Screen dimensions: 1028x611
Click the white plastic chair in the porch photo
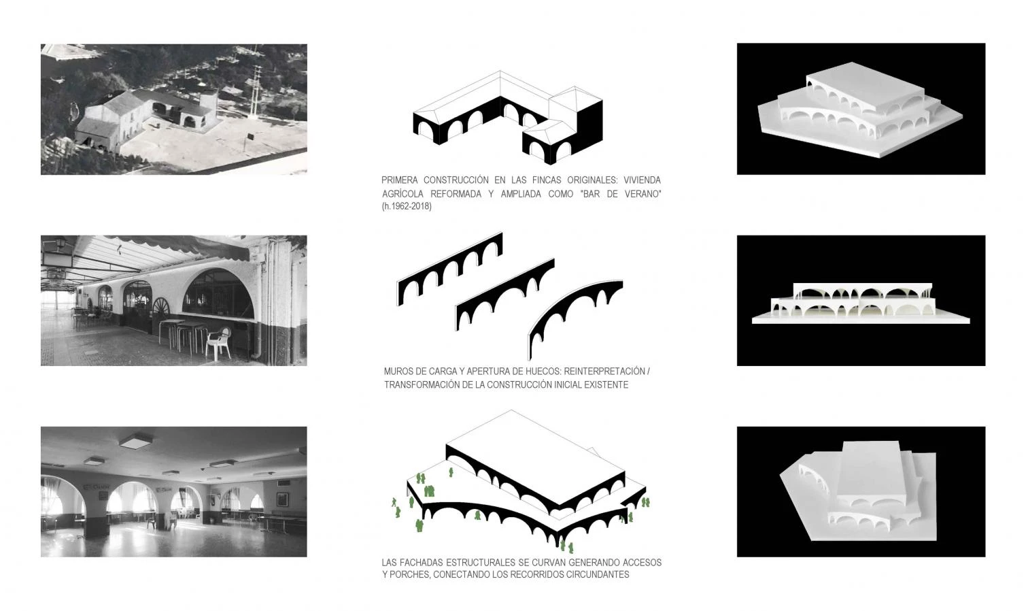218,343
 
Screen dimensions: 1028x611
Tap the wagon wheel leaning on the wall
160,310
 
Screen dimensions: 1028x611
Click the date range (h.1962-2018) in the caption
407,206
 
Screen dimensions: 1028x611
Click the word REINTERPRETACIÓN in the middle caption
604,371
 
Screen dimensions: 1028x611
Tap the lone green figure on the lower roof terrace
451,472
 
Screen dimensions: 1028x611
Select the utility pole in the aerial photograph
256,90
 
